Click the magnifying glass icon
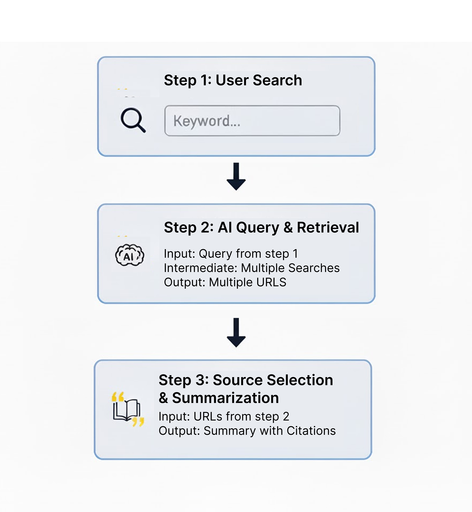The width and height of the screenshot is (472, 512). pos(133,120)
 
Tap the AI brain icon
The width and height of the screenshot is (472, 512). pos(130,255)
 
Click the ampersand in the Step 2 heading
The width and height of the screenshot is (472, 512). pos(288,227)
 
